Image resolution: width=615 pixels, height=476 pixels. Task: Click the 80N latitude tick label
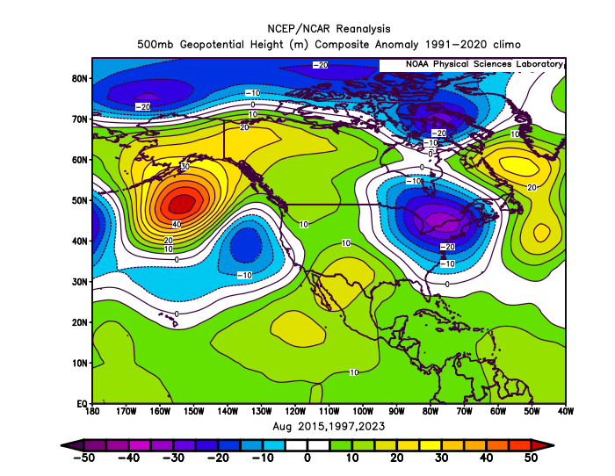(x=79, y=78)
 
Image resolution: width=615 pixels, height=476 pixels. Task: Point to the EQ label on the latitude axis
(x=82, y=403)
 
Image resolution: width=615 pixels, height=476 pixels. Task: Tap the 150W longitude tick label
(x=194, y=411)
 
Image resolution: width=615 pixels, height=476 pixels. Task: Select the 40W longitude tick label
(x=565, y=411)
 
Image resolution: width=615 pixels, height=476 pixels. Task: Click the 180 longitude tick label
(x=92, y=411)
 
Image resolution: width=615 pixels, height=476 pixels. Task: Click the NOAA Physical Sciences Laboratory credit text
(x=484, y=64)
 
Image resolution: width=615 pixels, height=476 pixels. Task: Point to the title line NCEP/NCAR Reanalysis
(x=329, y=29)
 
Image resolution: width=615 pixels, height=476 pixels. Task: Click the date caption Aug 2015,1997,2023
(x=329, y=426)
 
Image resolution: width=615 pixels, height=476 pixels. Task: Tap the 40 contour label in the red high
(x=177, y=224)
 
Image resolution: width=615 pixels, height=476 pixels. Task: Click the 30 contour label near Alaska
(x=185, y=167)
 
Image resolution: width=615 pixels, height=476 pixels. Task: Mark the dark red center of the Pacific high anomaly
(x=182, y=204)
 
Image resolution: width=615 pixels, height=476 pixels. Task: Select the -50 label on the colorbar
(x=83, y=458)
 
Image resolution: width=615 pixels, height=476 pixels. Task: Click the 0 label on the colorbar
(x=307, y=458)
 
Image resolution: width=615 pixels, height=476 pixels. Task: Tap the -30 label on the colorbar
(x=173, y=458)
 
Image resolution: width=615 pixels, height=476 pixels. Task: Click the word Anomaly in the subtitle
(x=397, y=44)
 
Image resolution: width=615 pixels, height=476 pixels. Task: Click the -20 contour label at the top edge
(x=321, y=65)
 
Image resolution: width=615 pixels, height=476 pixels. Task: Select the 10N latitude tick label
(x=79, y=363)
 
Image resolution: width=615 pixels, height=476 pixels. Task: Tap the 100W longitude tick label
(x=363, y=411)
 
